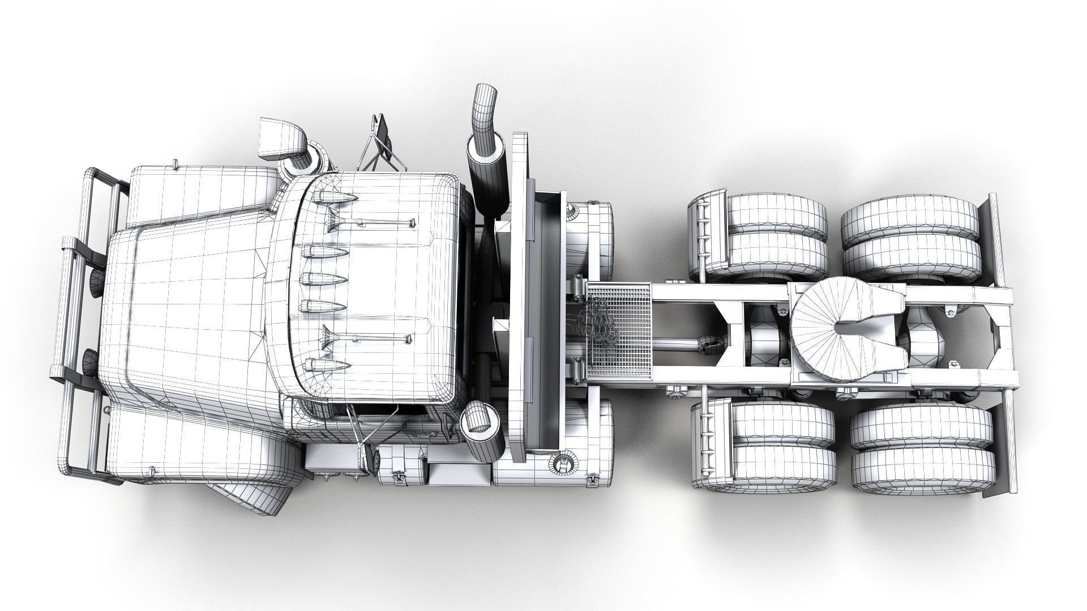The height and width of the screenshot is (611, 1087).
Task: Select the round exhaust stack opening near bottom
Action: tap(478, 418)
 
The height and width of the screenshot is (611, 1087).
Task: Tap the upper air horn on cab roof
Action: tap(368, 222)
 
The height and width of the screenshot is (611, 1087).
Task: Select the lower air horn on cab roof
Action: tap(368, 338)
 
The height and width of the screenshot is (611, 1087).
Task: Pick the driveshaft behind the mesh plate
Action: tap(679, 342)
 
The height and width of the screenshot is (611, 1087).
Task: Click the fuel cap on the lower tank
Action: tap(563, 462)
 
